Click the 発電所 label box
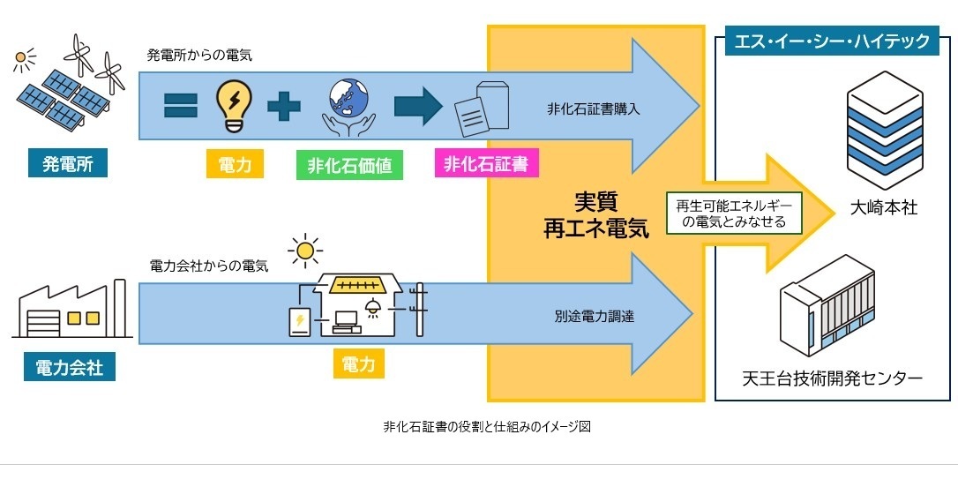pyautogui.click(x=68, y=163)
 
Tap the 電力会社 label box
pyautogui.click(x=70, y=367)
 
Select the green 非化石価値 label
pyautogui.click(x=349, y=165)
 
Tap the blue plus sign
pyautogui.click(x=283, y=107)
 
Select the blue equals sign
pyautogui.click(x=181, y=107)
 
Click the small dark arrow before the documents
pyautogui.click(x=418, y=106)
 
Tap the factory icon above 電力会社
pyautogui.click(x=71, y=311)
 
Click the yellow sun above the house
pyautogui.click(x=306, y=251)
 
